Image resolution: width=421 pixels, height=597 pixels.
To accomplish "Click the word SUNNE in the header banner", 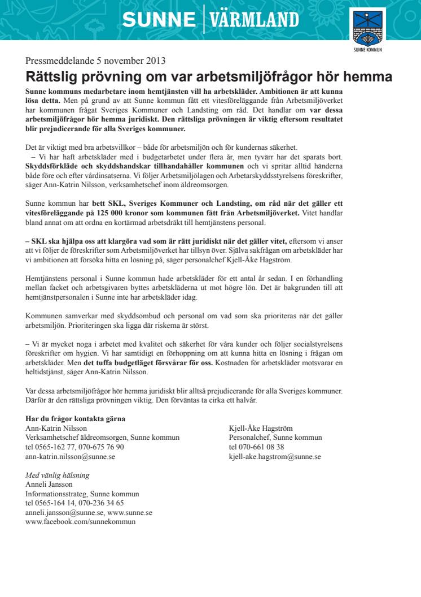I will click(159, 20).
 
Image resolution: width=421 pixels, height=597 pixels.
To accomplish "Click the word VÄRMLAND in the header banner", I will click(254, 20).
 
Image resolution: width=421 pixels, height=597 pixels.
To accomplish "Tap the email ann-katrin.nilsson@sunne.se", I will click(71, 456).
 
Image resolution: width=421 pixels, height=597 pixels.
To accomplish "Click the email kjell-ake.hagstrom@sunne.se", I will click(275, 456).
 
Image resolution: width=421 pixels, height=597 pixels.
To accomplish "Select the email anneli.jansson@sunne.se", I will click(65, 512).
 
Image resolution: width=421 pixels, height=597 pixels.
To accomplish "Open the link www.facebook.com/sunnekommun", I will click(81, 522).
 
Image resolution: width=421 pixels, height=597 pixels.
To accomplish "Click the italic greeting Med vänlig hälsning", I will click(58, 475).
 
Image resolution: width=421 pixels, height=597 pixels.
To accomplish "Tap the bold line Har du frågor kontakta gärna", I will click(75, 419).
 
